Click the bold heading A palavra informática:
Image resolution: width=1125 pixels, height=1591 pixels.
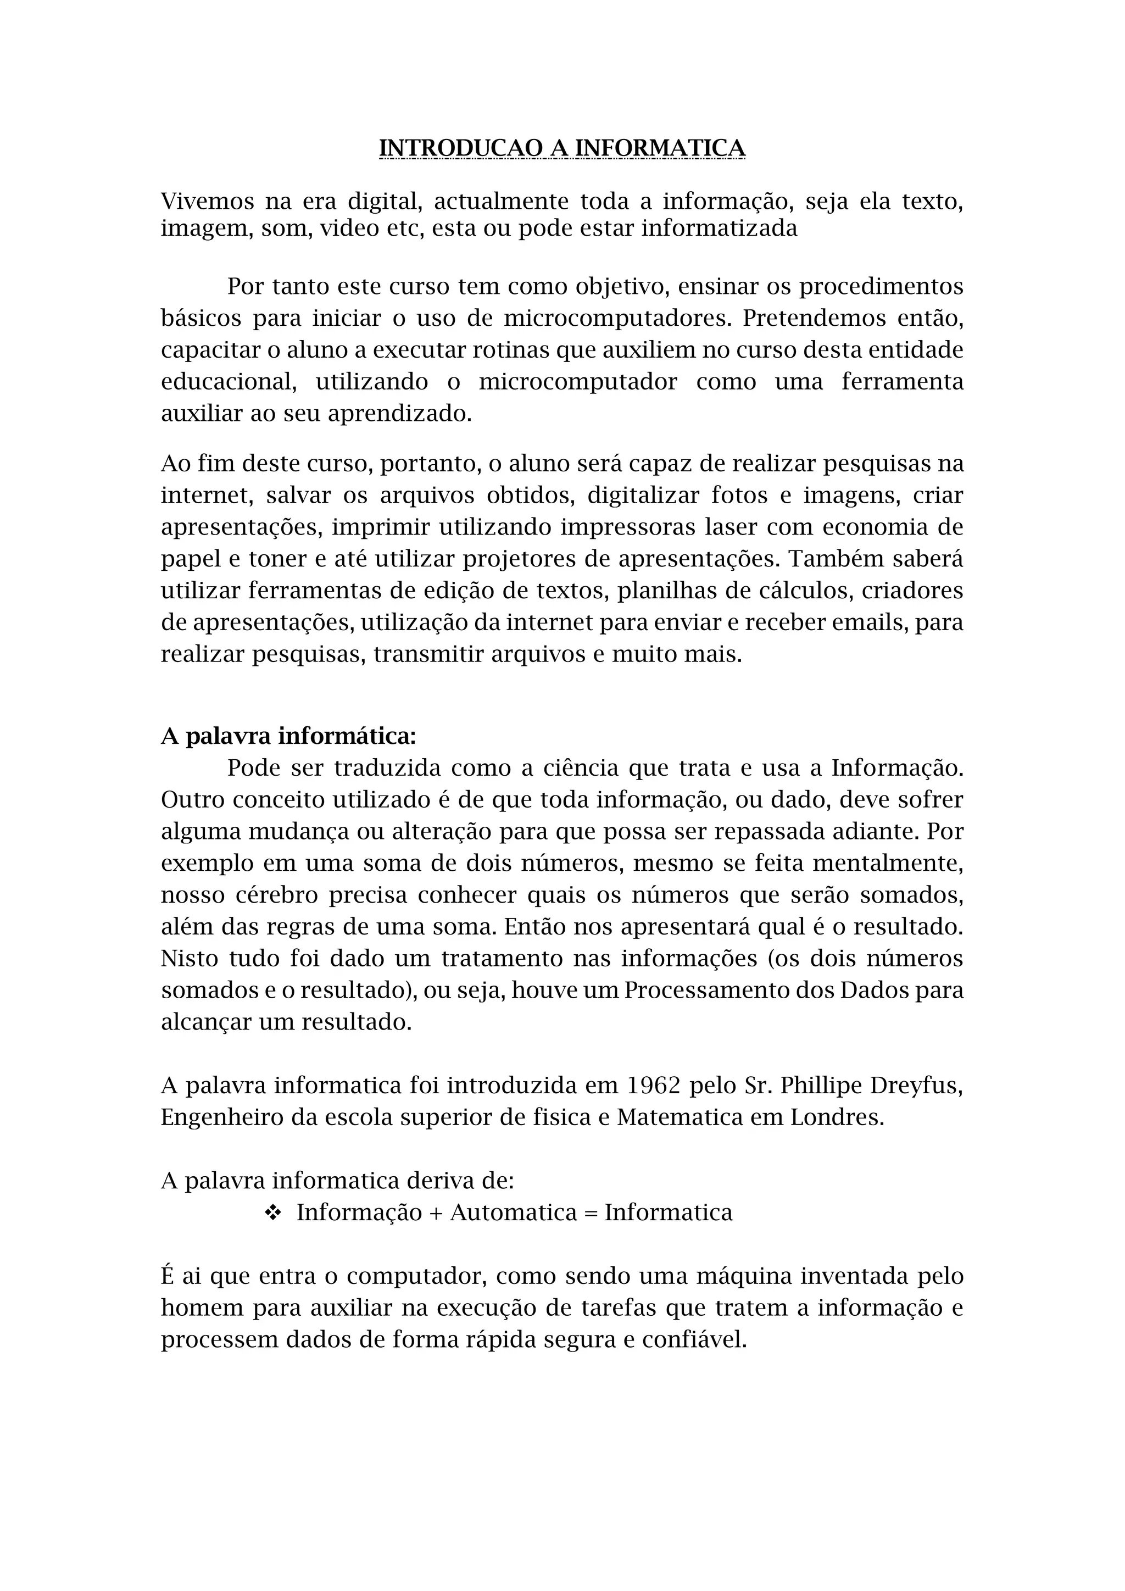(x=288, y=736)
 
